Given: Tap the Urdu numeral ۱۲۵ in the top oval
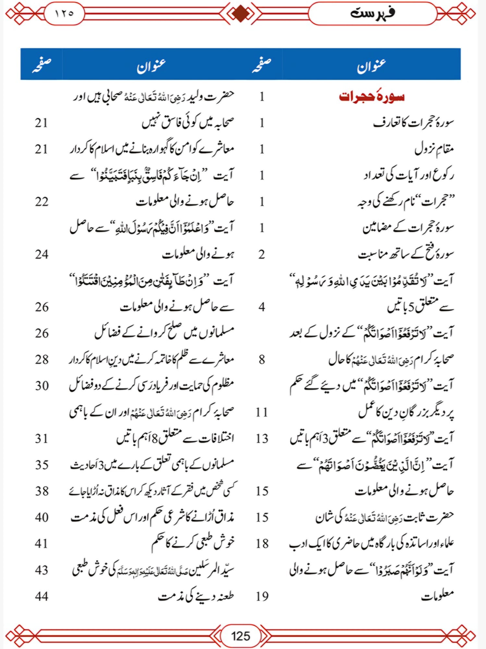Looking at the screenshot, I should coord(64,14).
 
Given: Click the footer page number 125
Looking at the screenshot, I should coord(240,635).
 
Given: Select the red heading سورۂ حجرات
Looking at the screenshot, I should coord(372,97).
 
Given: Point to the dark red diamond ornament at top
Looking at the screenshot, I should coord(240,14).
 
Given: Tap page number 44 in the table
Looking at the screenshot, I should coord(42,596).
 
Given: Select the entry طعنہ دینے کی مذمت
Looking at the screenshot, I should coord(196,596).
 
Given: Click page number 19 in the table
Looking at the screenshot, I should coord(262,596).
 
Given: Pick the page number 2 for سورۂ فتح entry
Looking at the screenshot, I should coord(262,254).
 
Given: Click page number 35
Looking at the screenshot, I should coord(42,465).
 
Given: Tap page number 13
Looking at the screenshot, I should coord(262,439).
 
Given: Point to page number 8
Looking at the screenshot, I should coord(262,360).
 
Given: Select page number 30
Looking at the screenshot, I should coord(42,386).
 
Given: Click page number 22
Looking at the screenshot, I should coord(42,202).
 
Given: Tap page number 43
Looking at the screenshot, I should coord(42,570).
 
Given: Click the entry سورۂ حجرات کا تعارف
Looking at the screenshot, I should coord(413,123).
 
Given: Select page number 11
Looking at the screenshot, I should coord(262,412).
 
